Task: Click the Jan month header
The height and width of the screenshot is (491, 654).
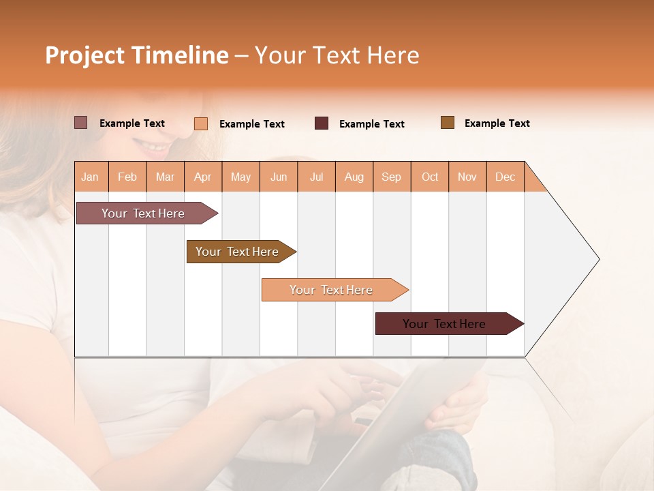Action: [91, 177]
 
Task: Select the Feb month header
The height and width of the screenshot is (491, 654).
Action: [127, 177]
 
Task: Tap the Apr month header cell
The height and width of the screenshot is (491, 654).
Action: [203, 177]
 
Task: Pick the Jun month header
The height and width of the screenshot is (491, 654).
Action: [279, 177]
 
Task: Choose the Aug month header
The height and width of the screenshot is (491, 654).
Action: [354, 177]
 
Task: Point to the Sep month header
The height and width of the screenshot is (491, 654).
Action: [392, 177]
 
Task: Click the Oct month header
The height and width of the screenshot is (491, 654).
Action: [430, 177]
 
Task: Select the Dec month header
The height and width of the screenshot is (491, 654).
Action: [505, 177]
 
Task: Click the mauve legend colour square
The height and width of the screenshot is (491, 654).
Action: [81, 123]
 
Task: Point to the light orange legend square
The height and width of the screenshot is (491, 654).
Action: [201, 123]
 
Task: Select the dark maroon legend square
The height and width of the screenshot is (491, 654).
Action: [322, 123]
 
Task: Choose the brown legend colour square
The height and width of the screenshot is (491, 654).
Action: [448, 123]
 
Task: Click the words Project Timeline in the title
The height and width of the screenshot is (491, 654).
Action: [136, 55]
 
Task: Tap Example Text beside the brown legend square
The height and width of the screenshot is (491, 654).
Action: [497, 123]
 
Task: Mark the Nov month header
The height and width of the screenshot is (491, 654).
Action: [467, 177]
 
